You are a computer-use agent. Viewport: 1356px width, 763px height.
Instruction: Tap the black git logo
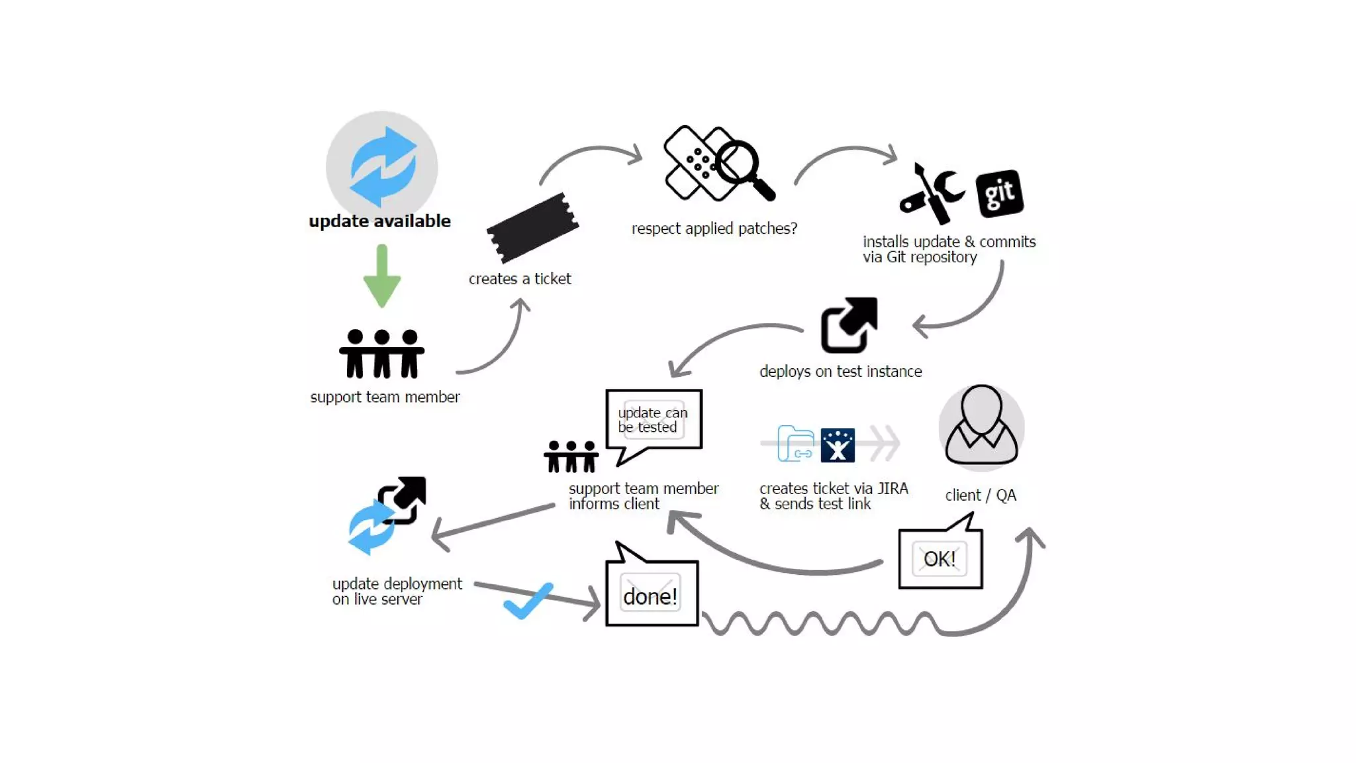pos(1000,193)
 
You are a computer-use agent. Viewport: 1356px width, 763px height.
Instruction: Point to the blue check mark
pos(528,601)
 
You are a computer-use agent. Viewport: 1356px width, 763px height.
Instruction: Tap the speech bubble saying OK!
pos(940,558)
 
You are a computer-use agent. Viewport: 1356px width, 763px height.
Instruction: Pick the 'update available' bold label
pos(380,221)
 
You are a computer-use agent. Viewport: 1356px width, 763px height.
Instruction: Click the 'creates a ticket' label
pos(520,279)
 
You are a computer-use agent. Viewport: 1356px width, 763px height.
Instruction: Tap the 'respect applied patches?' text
pos(714,229)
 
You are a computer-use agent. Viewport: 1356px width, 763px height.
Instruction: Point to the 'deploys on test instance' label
pos(840,372)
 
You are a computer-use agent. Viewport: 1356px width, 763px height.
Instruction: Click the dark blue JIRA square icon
pos(838,445)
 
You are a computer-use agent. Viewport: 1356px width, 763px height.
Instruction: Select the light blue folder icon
pos(795,443)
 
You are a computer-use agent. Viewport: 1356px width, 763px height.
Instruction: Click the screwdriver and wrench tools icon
pos(931,193)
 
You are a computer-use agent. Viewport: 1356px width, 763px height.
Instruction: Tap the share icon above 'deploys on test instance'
pos(849,325)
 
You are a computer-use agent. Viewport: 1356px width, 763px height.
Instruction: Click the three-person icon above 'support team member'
pos(382,354)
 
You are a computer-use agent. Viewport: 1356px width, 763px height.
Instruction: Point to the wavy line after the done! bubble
pos(821,623)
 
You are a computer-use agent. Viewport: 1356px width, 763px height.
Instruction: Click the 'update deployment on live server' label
pos(397,591)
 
